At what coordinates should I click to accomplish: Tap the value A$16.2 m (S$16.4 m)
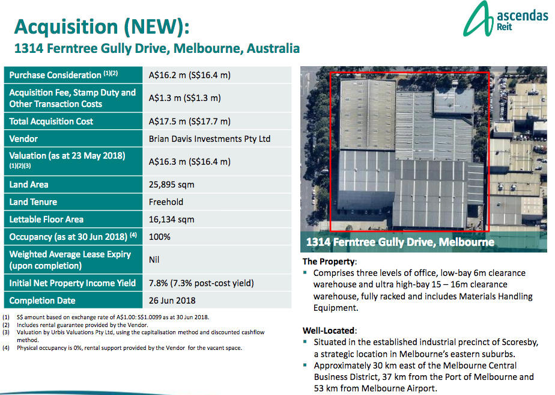[190, 75]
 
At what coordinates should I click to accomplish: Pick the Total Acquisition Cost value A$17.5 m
[190, 121]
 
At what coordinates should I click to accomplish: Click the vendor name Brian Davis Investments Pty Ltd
[210, 139]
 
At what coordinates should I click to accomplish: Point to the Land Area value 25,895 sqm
[172, 185]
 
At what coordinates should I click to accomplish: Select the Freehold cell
[166, 202]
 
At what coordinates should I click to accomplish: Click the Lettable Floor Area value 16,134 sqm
[172, 219]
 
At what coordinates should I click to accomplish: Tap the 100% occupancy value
[159, 237]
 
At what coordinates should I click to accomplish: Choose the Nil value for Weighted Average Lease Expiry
[155, 260]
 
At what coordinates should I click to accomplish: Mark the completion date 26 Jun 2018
[172, 301]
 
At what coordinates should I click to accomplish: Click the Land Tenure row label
[37, 202]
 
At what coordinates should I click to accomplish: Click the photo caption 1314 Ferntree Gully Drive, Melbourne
[401, 243]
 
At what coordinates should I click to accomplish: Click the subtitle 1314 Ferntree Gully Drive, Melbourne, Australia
[157, 48]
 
